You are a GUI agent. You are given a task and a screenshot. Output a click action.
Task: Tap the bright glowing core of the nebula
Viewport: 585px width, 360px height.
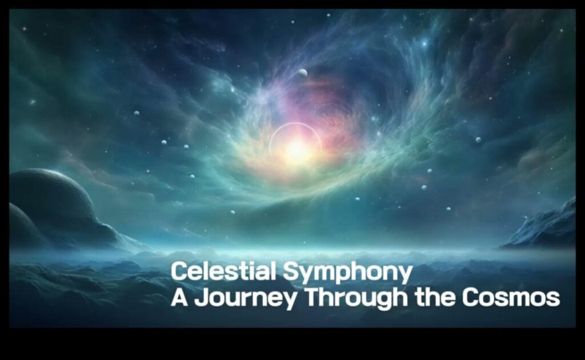pyautogui.click(x=296, y=150)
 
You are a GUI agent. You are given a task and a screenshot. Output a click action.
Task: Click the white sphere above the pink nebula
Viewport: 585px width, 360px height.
pyautogui.click(x=303, y=73)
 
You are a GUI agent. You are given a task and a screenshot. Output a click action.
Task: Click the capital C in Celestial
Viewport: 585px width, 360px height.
pyautogui.click(x=179, y=272)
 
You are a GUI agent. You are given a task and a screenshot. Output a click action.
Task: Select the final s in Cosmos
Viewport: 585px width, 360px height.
pyautogui.click(x=554, y=299)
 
